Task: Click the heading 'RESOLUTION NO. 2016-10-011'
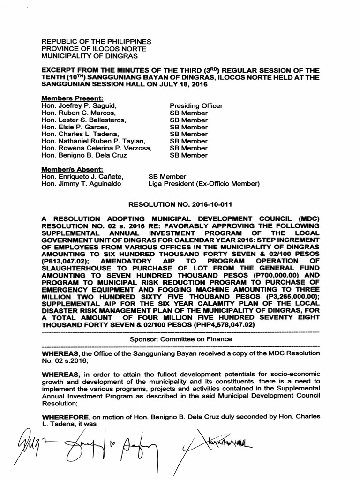[x=180, y=205]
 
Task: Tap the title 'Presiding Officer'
[x=196, y=106]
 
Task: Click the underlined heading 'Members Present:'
[x=72, y=98]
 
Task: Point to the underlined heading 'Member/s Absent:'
[x=72, y=169]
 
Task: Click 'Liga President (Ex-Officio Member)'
[x=203, y=184]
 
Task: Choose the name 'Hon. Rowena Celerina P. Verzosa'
[x=97, y=148]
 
